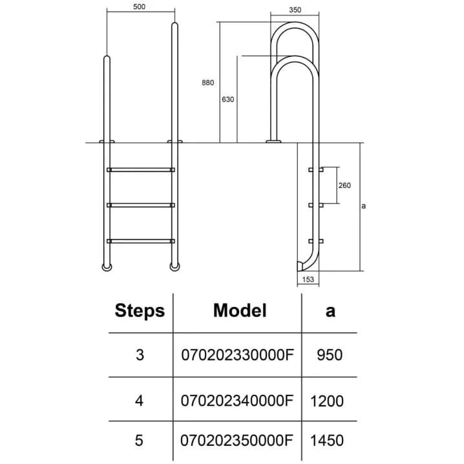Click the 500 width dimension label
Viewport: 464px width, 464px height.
[x=139, y=6]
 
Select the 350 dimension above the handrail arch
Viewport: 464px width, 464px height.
[x=295, y=10]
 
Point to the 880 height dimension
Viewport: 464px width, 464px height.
[x=207, y=83]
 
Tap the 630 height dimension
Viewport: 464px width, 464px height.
[x=228, y=100]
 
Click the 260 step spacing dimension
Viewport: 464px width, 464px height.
[x=344, y=185]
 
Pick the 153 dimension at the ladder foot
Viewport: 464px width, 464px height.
[x=308, y=279]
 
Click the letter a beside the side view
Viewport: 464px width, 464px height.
[x=364, y=206]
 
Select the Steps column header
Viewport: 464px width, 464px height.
[x=140, y=311]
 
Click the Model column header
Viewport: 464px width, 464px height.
[x=240, y=310]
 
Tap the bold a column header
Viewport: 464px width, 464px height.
[x=330, y=311]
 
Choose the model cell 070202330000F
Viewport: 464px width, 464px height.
[x=237, y=355]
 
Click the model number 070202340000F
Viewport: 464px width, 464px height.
[x=237, y=401]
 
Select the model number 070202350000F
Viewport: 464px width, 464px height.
[x=237, y=440]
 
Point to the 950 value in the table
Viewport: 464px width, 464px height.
[x=330, y=355]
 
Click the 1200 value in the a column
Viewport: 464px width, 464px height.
[x=327, y=401]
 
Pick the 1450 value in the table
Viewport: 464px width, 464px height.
[x=327, y=441]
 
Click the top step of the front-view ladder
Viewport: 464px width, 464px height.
[x=141, y=170]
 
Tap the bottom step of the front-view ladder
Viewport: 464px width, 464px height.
[x=141, y=241]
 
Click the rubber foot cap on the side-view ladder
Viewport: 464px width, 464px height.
[x=300, y=266]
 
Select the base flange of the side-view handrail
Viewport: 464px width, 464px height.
[x=273, y=142]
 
